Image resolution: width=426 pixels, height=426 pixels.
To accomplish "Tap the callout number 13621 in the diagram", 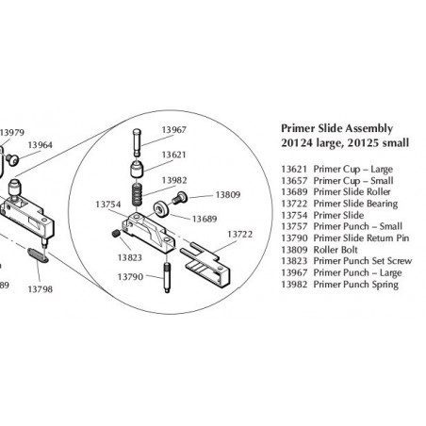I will (173, 154).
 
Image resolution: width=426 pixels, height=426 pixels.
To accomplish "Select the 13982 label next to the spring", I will (174, 179).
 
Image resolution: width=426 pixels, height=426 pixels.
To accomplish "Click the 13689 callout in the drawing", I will (206, 218).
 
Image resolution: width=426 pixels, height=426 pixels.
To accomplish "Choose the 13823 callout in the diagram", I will (130, 256).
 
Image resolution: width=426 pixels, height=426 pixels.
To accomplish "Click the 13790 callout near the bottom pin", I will (130, 276).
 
